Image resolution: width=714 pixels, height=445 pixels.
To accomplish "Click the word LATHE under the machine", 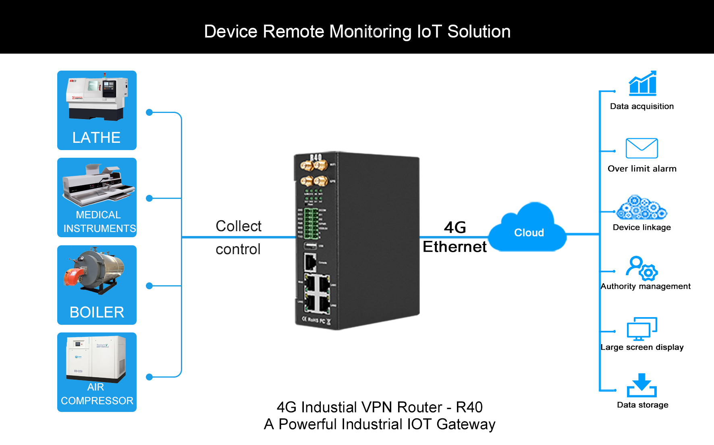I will pos(96,138).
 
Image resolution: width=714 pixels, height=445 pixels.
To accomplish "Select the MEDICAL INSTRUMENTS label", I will pos(99,221).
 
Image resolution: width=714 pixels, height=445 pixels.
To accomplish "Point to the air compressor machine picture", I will pos(96,359).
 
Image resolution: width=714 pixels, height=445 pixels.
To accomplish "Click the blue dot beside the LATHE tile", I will pos(149,113).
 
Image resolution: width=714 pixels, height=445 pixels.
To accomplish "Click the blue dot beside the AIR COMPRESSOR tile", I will pos(149,377).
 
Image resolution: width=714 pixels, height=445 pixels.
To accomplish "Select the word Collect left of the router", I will pos(239,226).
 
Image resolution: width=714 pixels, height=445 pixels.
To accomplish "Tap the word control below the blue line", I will pos(238,249).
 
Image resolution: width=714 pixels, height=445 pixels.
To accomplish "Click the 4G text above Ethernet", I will pos(455,228).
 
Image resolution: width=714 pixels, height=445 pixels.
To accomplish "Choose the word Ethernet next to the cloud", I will pos(455,247).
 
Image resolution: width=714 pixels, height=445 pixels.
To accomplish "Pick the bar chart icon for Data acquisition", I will pos(643,84).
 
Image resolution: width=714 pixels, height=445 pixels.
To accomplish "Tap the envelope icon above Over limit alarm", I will pos(641,148).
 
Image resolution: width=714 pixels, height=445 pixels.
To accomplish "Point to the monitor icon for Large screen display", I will pos(641,329).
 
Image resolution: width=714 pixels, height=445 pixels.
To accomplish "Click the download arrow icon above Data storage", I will pos(641,385).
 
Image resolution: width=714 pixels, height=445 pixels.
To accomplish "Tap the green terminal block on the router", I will pos(311,223).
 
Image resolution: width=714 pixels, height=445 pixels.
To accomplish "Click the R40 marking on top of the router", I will pos(316,157).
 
